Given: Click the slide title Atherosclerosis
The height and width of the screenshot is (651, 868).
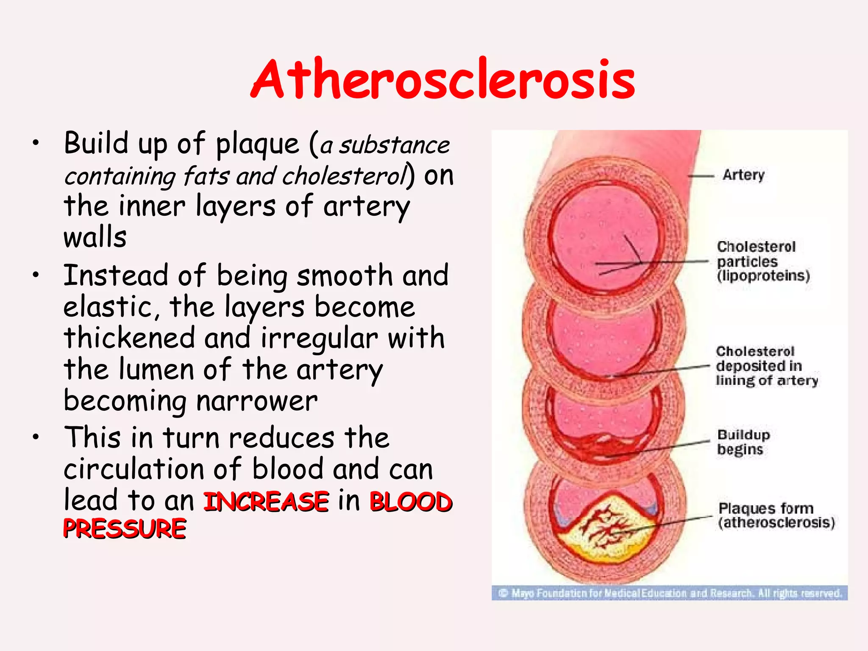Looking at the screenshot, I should click(x=443, y=80).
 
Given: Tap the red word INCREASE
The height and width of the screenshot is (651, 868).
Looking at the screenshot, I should click(x=266, y=501).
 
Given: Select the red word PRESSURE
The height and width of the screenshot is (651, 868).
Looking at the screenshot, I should click(x=125, y=529).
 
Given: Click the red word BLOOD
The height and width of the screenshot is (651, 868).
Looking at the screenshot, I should click(x=411, y=501).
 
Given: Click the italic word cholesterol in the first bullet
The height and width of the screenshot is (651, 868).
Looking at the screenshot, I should click(x=344, y=176).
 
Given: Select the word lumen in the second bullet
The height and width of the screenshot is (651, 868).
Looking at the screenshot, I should click(x=156, y=370).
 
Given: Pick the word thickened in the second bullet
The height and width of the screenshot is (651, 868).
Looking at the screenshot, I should click(x=129, y=338).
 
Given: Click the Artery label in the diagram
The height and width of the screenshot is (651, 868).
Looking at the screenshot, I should click(x=743, y=175).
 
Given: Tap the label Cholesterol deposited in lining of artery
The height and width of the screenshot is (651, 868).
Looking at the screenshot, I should click(x=766, y=366).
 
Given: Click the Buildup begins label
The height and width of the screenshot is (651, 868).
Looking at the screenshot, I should click(x=743, y=442).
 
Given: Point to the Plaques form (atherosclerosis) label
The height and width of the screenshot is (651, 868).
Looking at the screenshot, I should click(x=776, y=515).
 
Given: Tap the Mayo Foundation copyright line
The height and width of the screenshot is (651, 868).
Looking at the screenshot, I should click(x=670, y=593).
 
